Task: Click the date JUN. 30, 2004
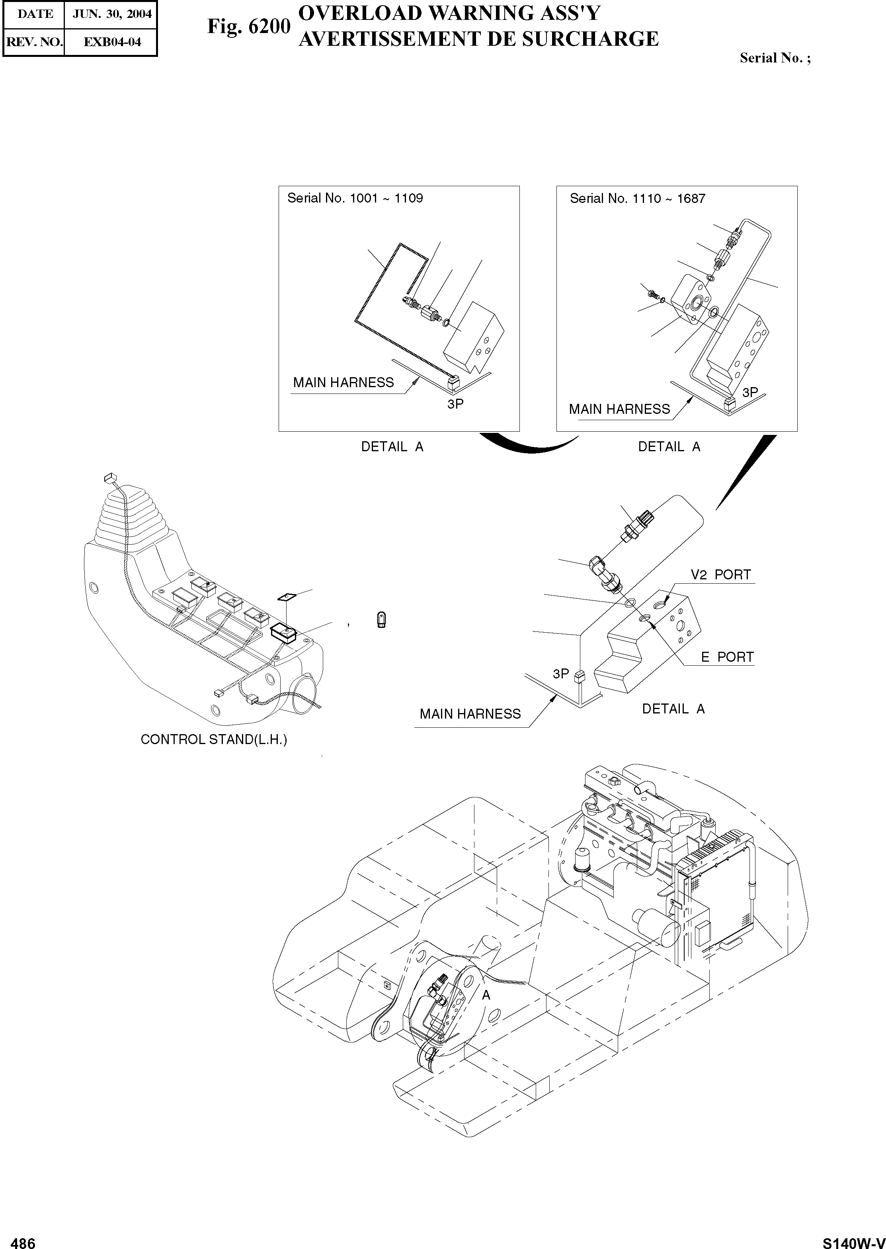(111, 14)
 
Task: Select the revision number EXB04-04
(111, 42)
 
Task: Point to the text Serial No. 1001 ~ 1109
(355, 198)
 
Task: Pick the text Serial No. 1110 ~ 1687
(637, 199)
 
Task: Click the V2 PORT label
(721, 575)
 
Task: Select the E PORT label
(727, 657)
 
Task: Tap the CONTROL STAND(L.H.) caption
(214, 740)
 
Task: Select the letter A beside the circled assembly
(486, 996)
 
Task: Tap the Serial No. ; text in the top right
(775, 58)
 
